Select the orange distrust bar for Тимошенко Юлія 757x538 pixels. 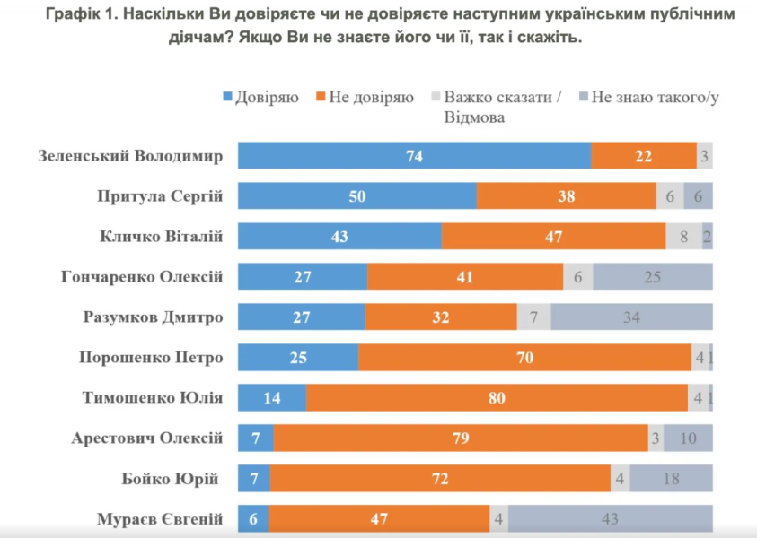[x=497, y=397]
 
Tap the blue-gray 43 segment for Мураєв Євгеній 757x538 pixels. [x=611, y=519]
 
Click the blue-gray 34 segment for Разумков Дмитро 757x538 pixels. [x=631, y=317]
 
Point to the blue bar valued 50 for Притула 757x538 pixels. [x=356, y=195]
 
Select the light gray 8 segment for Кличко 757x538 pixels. [x=682, y=236]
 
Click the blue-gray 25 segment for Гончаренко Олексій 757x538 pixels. [x=652, y=276]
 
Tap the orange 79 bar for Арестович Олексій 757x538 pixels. [x=461, y=438]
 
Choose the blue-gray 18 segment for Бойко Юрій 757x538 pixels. [x=671, y=479]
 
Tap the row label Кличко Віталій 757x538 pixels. [x=160, y=237]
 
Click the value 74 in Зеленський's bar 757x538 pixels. [x=414, y=155]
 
